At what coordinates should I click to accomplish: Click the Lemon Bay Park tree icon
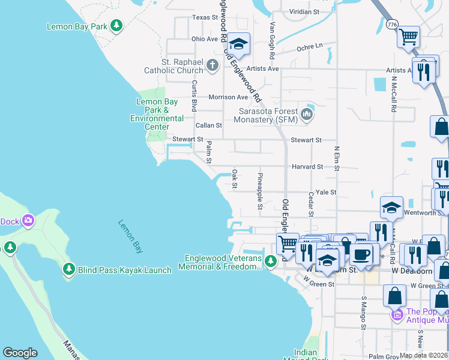coord(116,26)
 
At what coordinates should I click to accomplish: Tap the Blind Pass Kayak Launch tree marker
coord(69,269)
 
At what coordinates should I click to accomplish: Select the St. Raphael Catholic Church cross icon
coord(212,65)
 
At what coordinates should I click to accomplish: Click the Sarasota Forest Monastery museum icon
coord(307,115)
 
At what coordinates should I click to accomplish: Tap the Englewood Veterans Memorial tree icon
coord(271,261)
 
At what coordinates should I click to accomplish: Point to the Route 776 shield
coord(393,24)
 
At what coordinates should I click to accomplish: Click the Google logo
coord(20,353)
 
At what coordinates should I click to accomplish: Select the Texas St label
coord(205,17)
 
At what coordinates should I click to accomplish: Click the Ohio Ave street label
coord(205,39)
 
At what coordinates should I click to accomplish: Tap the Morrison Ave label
coord(228,97)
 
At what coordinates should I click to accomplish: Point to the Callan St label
coord(209,126)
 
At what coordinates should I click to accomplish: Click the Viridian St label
coord(309,11)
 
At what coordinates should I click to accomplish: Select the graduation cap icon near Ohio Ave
coord(239,44)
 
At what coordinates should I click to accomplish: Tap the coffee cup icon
coord(361,253)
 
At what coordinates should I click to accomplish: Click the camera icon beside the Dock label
coord(28,221)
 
